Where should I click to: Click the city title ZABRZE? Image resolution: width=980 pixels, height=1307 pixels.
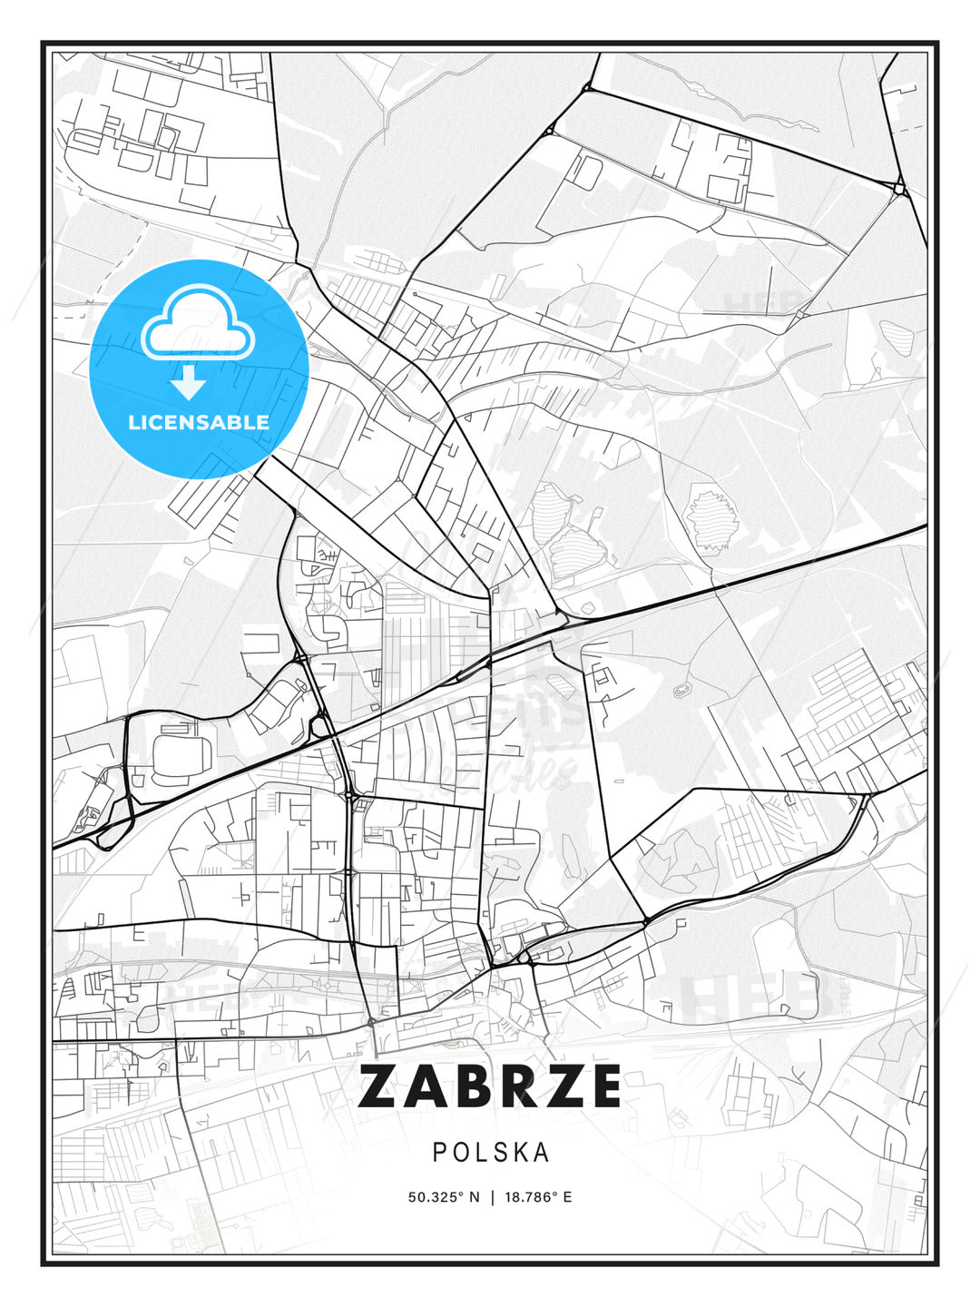490,1086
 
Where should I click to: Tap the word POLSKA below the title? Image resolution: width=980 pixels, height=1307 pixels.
491,1152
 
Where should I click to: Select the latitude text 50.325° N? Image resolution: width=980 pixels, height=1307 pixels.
444,1196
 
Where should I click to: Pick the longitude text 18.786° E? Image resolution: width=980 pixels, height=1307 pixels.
537,1196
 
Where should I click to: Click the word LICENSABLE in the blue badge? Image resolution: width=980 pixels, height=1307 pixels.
199,422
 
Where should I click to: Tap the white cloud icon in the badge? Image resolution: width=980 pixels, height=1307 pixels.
199,322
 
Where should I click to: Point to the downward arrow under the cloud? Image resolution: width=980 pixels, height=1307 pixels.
189,382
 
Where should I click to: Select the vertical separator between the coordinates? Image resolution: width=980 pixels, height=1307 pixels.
491,1196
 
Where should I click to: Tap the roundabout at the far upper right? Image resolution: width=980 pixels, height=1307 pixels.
898,189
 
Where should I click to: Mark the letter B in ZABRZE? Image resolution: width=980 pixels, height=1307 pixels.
470,1086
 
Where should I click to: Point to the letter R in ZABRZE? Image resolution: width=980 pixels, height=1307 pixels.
514,1086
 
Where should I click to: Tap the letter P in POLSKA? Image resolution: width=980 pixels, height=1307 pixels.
439,1152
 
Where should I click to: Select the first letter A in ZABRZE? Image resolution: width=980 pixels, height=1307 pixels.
425,1086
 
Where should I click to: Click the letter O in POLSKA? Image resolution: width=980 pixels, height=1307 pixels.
459,1152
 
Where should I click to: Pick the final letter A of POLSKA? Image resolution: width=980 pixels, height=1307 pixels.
541,1152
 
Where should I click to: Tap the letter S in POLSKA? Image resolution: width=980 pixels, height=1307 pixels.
497,1152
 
